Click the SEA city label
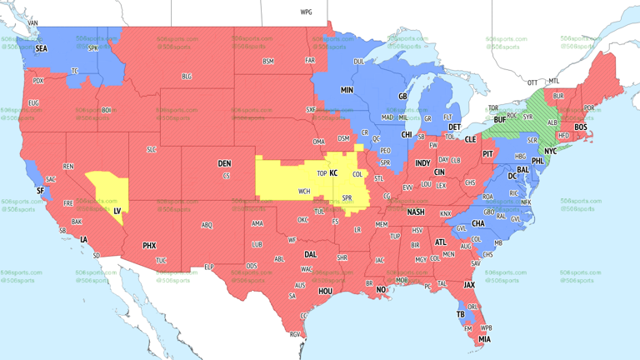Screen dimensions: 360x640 (41, 49)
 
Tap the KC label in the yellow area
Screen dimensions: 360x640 (333, 173)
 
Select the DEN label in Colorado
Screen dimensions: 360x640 (224, 163)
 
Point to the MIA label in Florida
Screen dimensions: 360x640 (484, 339)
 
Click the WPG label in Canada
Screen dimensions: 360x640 (306, 12)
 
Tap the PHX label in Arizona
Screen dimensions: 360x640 (149, 246)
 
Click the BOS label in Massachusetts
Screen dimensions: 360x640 (580, 127)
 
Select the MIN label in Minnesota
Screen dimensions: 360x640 (347, 90)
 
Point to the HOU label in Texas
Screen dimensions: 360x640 (325, 292)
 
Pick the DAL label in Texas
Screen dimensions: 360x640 (310, 255)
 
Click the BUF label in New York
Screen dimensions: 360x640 (500, 120)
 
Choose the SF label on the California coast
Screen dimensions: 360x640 (39, 191)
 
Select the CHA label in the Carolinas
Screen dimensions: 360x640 (478, 223)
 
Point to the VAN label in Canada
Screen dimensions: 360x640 (32, 23)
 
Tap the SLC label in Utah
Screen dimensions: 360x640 (151, 149)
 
